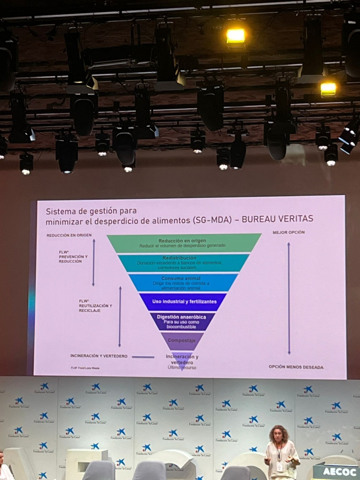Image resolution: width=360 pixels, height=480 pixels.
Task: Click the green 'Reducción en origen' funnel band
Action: coord(182,243)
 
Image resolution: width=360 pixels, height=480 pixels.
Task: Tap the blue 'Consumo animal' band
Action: coord(181,283)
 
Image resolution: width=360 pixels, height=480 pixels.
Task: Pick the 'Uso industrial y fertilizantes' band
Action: coord(184,302)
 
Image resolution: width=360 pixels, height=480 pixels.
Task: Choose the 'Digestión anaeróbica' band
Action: coord(181,321)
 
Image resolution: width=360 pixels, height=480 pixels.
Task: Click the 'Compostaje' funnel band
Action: coord(181,340)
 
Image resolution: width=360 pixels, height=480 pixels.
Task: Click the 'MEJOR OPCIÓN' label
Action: coord(288,232)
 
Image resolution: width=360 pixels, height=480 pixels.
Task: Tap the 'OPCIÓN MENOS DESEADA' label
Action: coord(296,367)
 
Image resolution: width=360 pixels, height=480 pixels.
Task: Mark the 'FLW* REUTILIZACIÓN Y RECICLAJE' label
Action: coord(95,306)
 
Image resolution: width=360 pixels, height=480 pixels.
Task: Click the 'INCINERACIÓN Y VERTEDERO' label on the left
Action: coord(98,356)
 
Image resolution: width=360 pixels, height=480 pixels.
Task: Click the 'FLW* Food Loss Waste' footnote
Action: coord(85,368)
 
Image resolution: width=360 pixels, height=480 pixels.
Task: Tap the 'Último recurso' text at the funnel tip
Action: coord(182,367)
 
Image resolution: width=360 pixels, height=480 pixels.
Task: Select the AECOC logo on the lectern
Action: coord(335,471)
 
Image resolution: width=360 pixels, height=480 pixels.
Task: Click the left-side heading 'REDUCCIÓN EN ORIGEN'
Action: coord(69,235)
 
